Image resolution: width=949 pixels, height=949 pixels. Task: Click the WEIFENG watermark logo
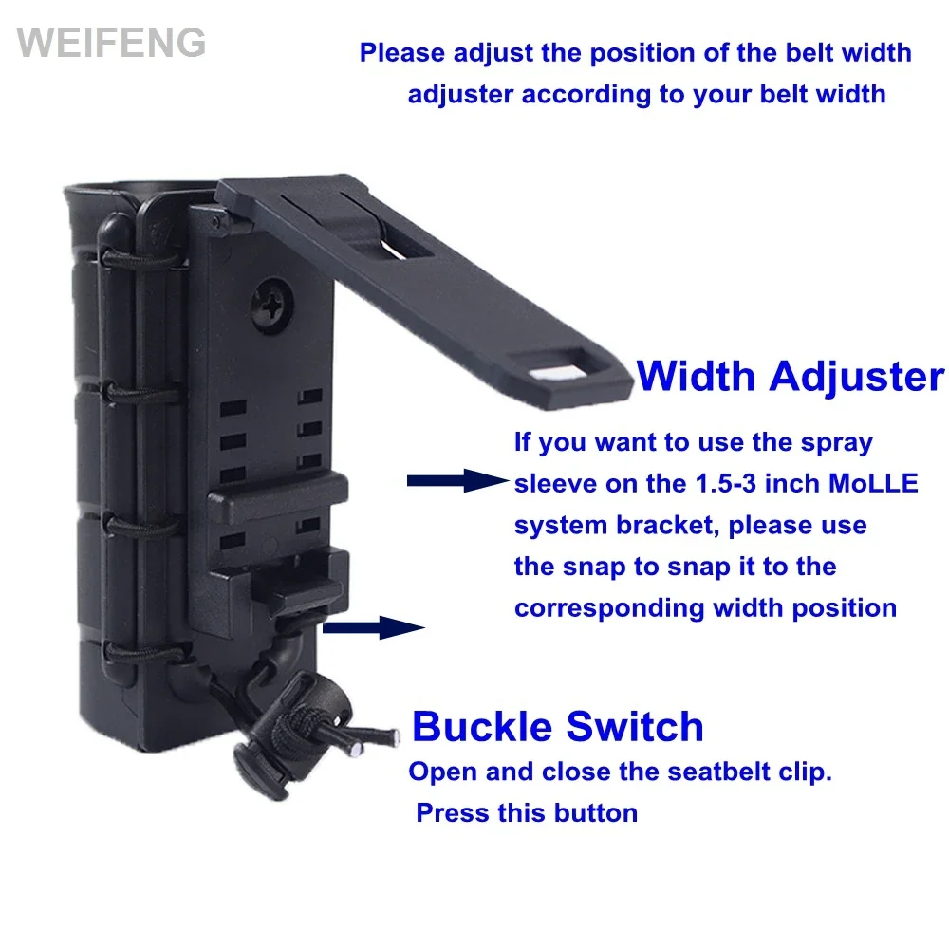111,43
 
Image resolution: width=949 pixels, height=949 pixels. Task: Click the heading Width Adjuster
791,377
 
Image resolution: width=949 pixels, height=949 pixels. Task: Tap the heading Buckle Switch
557,726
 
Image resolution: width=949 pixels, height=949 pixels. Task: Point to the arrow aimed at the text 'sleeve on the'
457,480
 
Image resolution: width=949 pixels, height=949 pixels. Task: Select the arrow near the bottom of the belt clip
373,627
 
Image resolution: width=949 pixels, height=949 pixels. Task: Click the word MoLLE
873,484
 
